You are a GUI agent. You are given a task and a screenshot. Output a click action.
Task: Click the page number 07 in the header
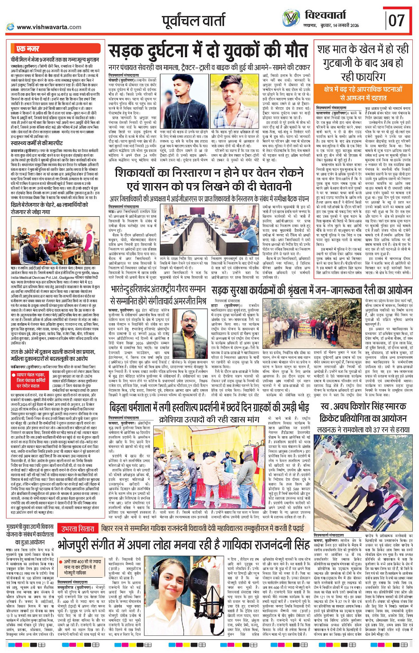click(397, 20)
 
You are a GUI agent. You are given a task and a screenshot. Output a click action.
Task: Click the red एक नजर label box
click(27, 49)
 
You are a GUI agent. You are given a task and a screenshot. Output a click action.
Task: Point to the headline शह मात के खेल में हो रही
click(363, 49)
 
